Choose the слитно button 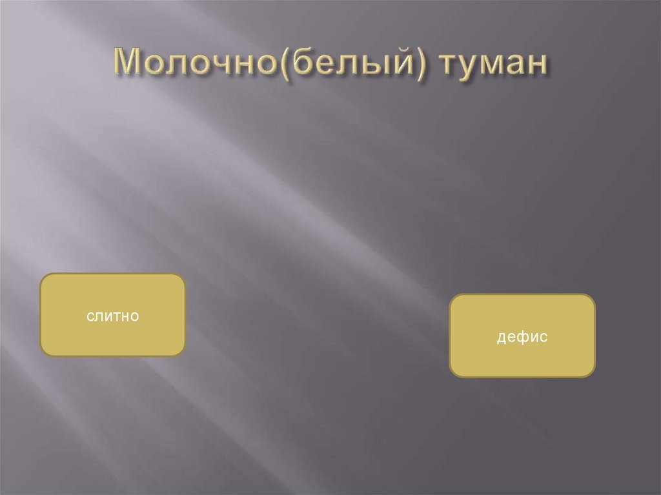113,315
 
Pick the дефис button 522,336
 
